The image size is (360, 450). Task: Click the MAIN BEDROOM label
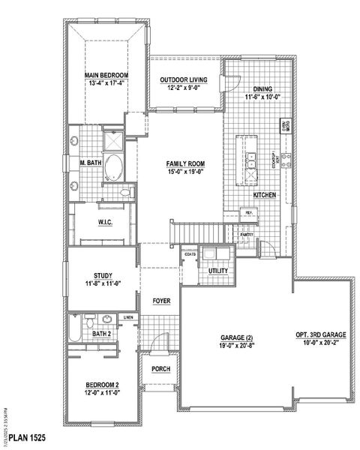point(106,76)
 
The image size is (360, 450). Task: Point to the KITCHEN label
point(264,194)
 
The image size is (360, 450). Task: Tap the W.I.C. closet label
point(106,221)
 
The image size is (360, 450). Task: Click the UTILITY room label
point(217,270)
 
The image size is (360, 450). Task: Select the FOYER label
point(160,301)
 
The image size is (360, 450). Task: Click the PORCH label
point(160,368)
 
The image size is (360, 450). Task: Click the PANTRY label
point(246,235)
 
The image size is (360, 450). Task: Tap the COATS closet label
point(190,254)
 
